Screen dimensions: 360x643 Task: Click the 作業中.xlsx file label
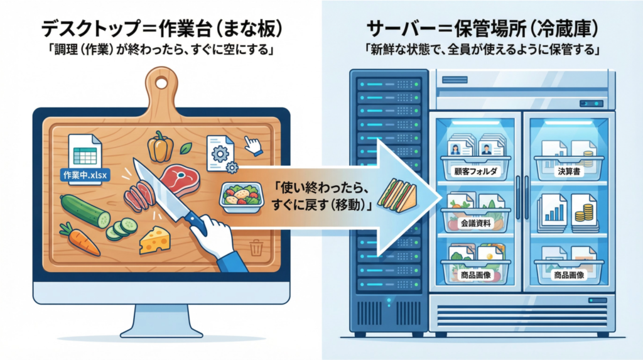[x=84, y=175]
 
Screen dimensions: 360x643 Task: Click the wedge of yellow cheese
[x=155, y=239]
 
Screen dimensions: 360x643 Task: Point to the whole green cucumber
[x=85, y=210]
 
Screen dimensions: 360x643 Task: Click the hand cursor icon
[x=252, y=146]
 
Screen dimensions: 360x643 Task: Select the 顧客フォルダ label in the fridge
[x=475, y=171]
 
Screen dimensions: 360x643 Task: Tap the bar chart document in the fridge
[x=553, y=209]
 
